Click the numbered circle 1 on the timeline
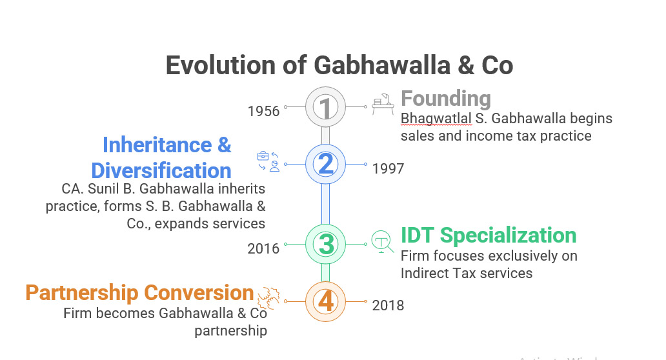[325, 107]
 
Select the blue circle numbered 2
[325, 165]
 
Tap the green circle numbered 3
[325, 244]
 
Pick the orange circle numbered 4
[325, 301]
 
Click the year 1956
[263, 111]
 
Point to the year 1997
[388, 168]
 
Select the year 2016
[263, 248]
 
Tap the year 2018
[388, 305]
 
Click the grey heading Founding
[446, 99]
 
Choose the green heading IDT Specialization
[489, 235]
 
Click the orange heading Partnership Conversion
[139, 292]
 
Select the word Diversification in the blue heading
[161, 171]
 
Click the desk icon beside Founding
[383, 104]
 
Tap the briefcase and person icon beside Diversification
[268, 161]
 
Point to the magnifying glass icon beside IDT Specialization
[382, 241]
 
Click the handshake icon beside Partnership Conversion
[269, 297]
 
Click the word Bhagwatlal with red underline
[436, 119]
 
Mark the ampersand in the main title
[466, 65]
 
